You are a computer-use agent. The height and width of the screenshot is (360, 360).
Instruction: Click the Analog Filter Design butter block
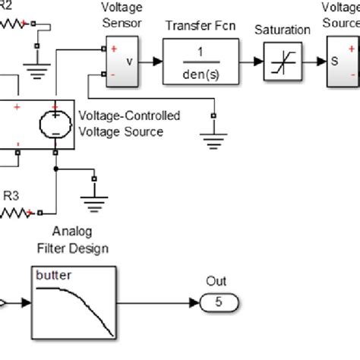(74, 302)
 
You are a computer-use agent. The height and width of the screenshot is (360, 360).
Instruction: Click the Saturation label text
(283, 30)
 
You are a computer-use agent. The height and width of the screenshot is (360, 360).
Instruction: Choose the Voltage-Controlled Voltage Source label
(130, 124)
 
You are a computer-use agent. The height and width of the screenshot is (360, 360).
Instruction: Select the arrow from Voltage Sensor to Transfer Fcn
(151, 61)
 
